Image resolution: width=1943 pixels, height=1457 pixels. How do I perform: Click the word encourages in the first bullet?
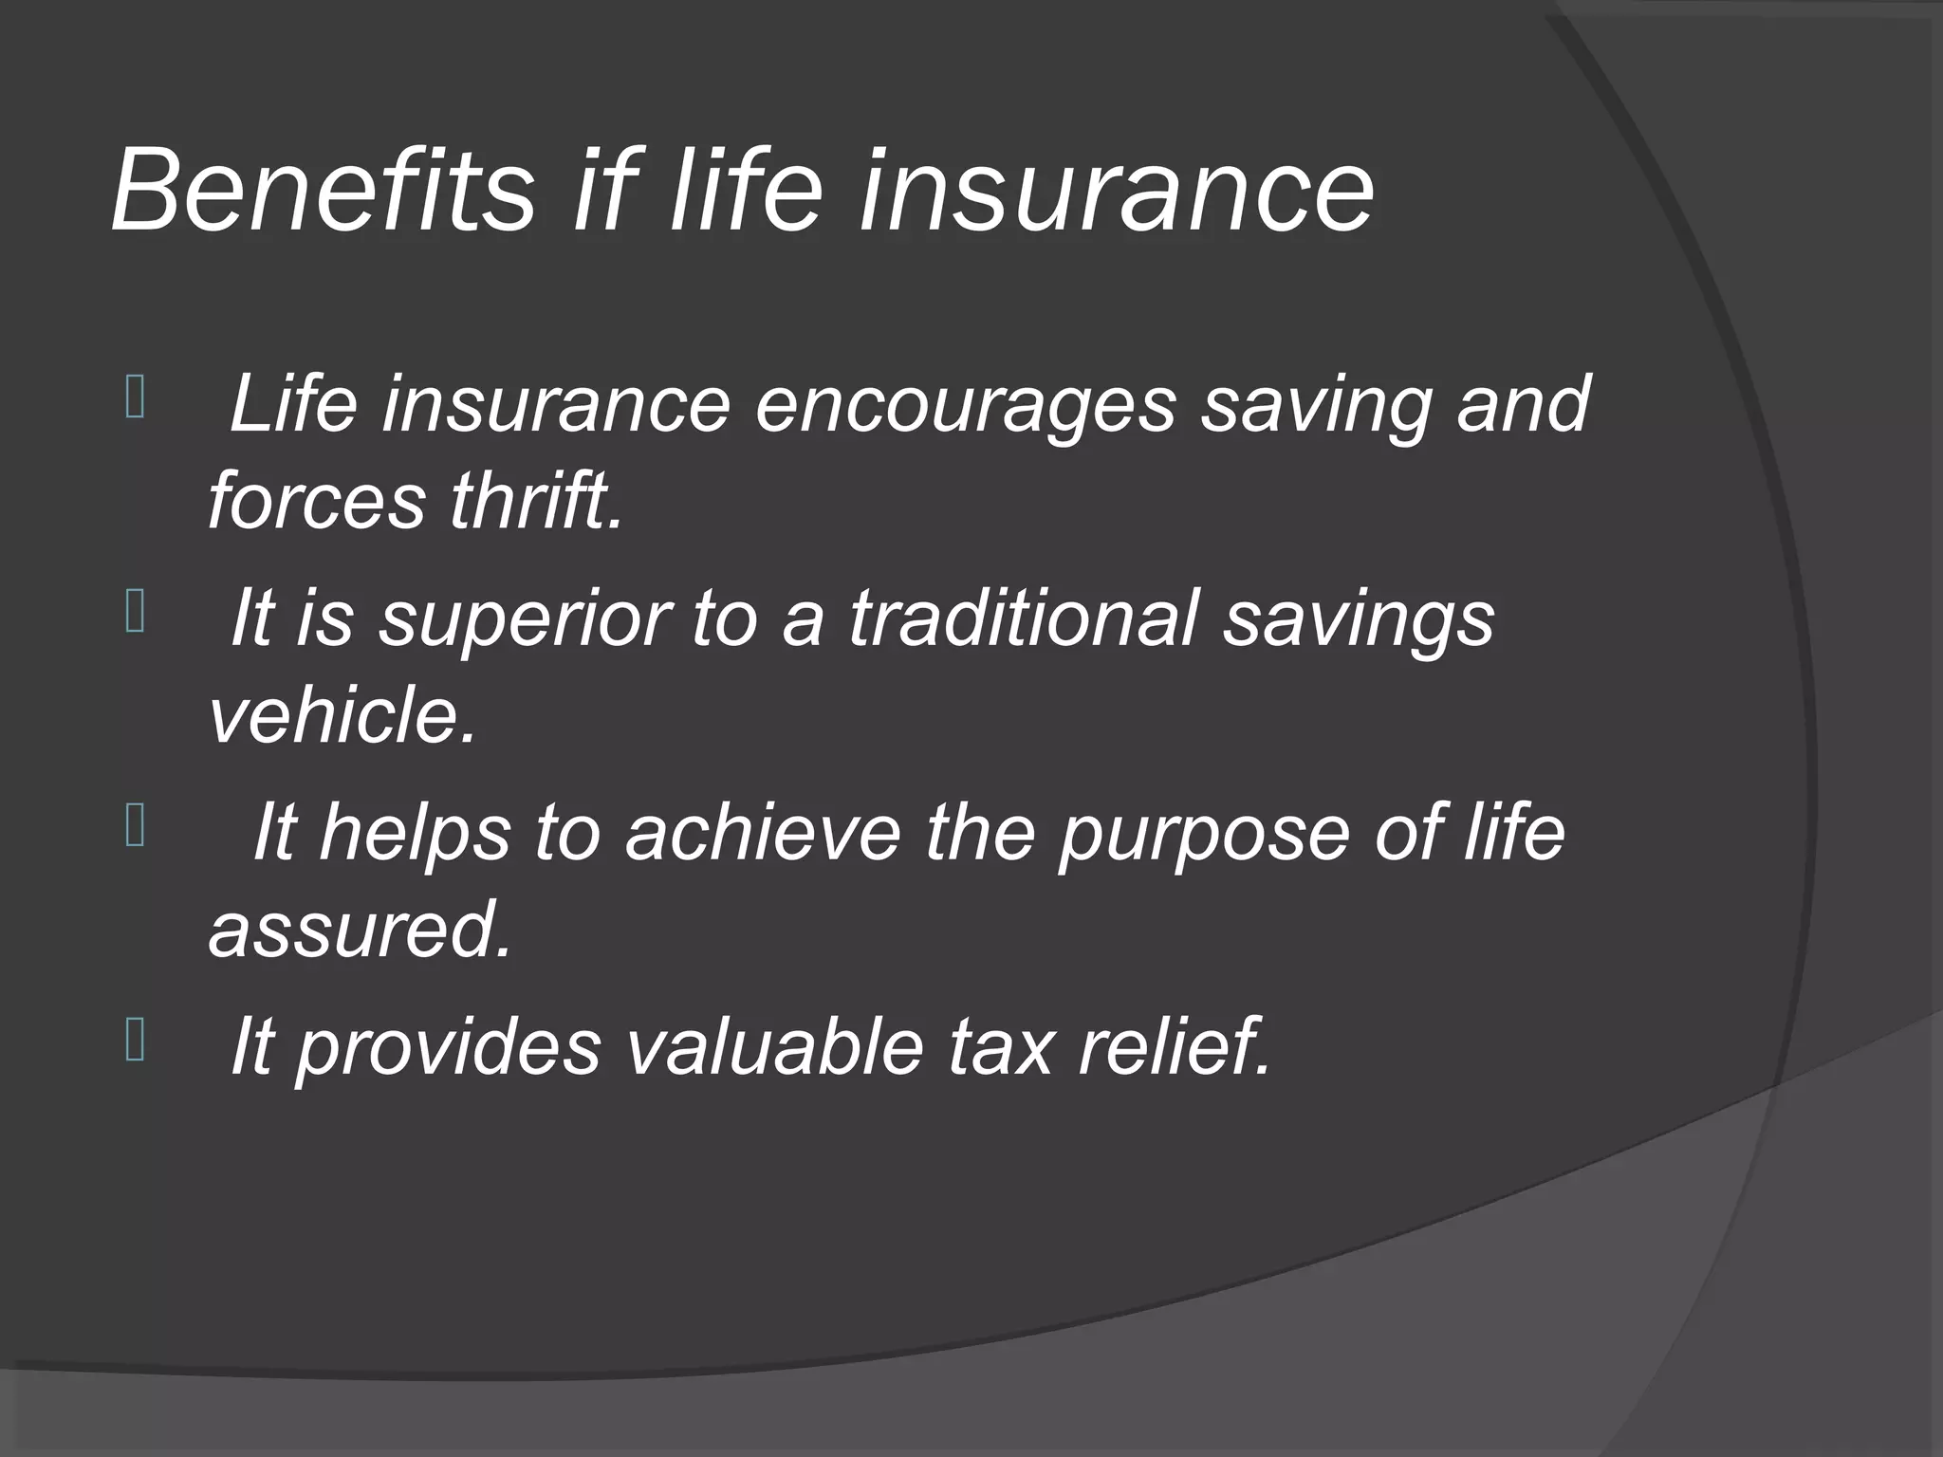pos(965,405)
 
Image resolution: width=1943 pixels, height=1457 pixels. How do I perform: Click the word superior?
pos(525,618)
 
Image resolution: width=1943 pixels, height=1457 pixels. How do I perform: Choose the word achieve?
pos(762,832)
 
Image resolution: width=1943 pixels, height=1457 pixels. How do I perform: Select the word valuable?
pos(774,1046)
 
